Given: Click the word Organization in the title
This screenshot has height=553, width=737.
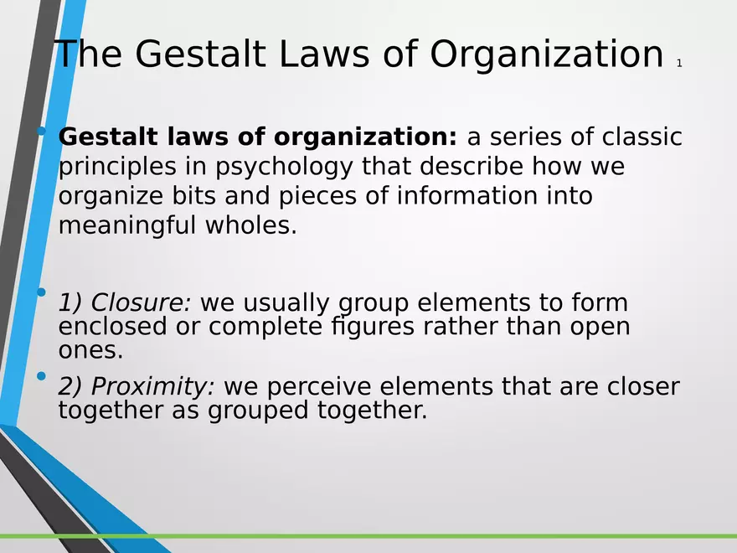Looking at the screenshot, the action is [546, 54].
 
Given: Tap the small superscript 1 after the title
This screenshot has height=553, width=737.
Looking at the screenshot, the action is [679, 64].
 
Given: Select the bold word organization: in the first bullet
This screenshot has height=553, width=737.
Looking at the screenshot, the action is [365, 137].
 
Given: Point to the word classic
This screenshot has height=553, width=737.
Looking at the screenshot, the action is [642, 137].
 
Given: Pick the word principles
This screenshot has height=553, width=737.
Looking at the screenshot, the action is [117, 168].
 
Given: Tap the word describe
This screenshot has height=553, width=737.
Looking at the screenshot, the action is [471, 166].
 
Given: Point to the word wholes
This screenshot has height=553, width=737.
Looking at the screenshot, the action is [251, 225].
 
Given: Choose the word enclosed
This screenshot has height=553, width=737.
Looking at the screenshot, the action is [112, 326].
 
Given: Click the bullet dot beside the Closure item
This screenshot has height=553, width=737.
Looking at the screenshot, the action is [41, 292].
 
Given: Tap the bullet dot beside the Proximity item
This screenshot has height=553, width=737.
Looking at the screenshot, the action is [41, 375].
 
